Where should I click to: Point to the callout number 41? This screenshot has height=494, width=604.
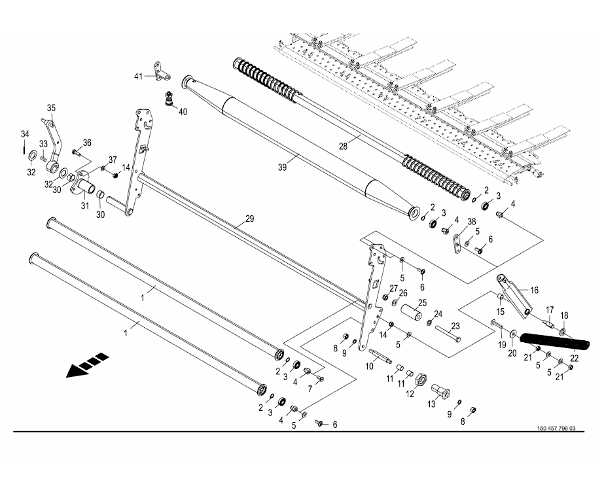pos(138,77)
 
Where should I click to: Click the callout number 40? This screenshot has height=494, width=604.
pos(183,112)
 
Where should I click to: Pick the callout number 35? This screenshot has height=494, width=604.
pos(51,108)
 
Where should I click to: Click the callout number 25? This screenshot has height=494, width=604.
pos(422,302)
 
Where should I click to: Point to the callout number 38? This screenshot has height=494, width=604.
pos(471,222)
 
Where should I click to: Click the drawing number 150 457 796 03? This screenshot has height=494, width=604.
pos(556,429)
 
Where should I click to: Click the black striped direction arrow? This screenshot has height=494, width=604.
pos(87,365)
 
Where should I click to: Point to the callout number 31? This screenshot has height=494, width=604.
pos(84,206)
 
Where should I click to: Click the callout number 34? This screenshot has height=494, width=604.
pos(24,135)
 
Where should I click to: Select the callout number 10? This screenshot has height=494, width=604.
pos(370,366)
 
